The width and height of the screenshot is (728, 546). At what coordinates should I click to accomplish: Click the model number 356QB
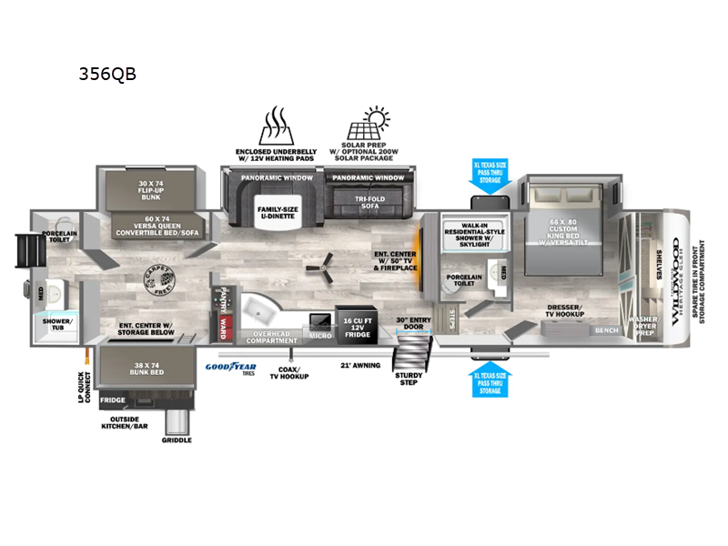click(x=107, y=74)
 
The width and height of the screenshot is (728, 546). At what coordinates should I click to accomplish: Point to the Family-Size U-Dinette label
click(x=275, y=214)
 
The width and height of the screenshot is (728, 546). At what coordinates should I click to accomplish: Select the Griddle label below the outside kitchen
click(x=177, y=440)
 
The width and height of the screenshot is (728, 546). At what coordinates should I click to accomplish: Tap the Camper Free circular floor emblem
click(x=161, y=276)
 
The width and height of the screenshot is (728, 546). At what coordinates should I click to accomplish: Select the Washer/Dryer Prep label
click(x=647, y=324)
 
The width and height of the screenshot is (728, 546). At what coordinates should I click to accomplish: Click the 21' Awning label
click(x=354, y=364)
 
